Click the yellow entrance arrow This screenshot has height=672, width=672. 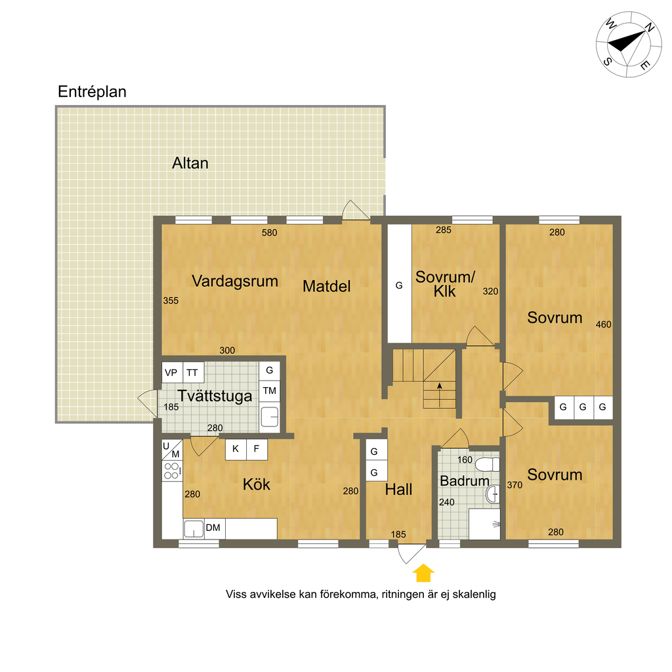[x=423, y=573]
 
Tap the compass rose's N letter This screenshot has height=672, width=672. [x=650, y=27]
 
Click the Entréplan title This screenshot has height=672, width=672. [x=92, y=92]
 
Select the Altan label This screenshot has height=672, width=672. [x=190, y=163]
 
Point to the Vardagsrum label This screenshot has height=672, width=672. [x=235, y=281]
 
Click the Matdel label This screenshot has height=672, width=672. [x=327, y=286]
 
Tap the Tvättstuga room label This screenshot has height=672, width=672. [x=215, y=396]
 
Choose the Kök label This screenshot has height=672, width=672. [x=257, y=485]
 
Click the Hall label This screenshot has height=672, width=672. [x=398, y=490]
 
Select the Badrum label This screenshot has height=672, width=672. [x=465, y=481]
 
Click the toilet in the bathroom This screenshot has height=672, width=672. [x=488, y=465]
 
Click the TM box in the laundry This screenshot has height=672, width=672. [x=270, y=391]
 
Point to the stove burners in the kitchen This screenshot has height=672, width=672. [x=172, y=471]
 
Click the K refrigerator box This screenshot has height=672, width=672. [x=236, y=450]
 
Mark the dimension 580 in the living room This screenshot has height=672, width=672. [x=270, y=233]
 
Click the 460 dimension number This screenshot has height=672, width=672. [x=604, y=324]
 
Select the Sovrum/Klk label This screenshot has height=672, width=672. [x=446, y=283]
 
